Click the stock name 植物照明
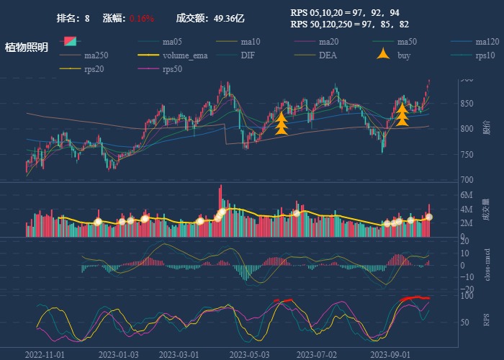[x=27, y=48]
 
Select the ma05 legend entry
[x=172, y=41]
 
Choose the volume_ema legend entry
[x=185, y=55]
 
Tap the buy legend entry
[x=404, y=55]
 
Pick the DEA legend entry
[x=328, y=55]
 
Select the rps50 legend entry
[x=172, y=68]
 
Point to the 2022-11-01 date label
[x=45, y=354]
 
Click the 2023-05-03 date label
[x=250, y=354]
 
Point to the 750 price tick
[x=468, y=154]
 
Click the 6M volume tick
[x=467, y=195]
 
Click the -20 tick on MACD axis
[x=467, y=289]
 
